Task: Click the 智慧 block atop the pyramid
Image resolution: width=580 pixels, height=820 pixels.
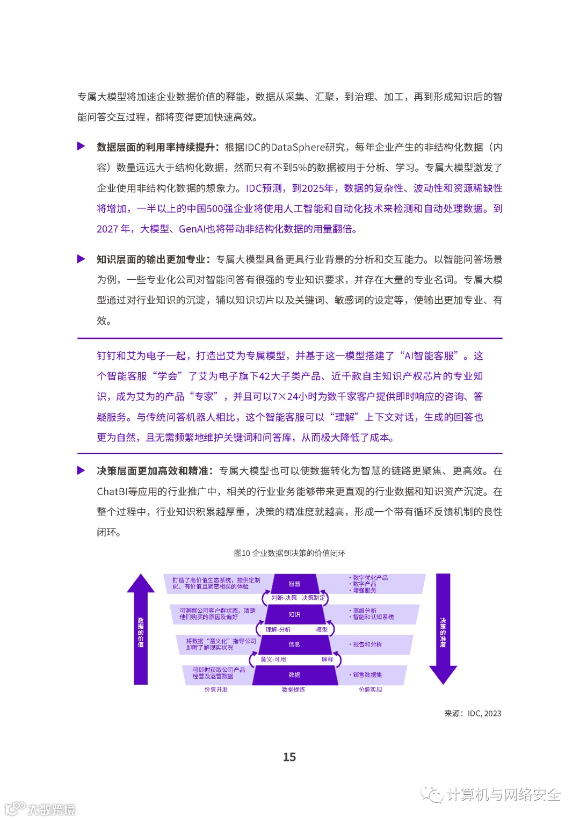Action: pos(294,584)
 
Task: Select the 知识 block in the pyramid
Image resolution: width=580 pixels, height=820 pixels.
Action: pos(294,614)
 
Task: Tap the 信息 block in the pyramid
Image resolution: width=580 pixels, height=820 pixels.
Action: pos(294,644)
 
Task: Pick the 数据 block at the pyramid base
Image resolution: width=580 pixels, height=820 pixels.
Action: pos(294,675)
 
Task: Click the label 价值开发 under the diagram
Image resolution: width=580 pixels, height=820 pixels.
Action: pos(216,690)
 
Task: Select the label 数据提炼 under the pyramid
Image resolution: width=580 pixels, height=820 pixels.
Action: pos(293,690)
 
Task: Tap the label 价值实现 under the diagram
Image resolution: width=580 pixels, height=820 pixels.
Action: pos(371,690)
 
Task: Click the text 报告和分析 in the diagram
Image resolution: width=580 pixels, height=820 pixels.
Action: pos(367,644)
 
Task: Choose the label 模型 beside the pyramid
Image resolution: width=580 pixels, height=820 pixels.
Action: pos(322,629)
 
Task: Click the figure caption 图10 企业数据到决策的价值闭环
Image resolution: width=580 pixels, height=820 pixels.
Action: pos(289,553)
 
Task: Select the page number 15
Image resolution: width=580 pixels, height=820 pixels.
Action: pos(289,757)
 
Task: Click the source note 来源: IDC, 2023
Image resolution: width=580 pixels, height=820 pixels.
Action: pos(473,714)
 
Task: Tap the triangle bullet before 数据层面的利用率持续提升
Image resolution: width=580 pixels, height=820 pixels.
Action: pos(81,146)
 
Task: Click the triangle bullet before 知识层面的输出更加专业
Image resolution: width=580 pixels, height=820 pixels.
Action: pos(81,259)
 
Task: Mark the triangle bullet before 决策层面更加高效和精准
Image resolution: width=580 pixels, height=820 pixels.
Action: pos(81,470)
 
